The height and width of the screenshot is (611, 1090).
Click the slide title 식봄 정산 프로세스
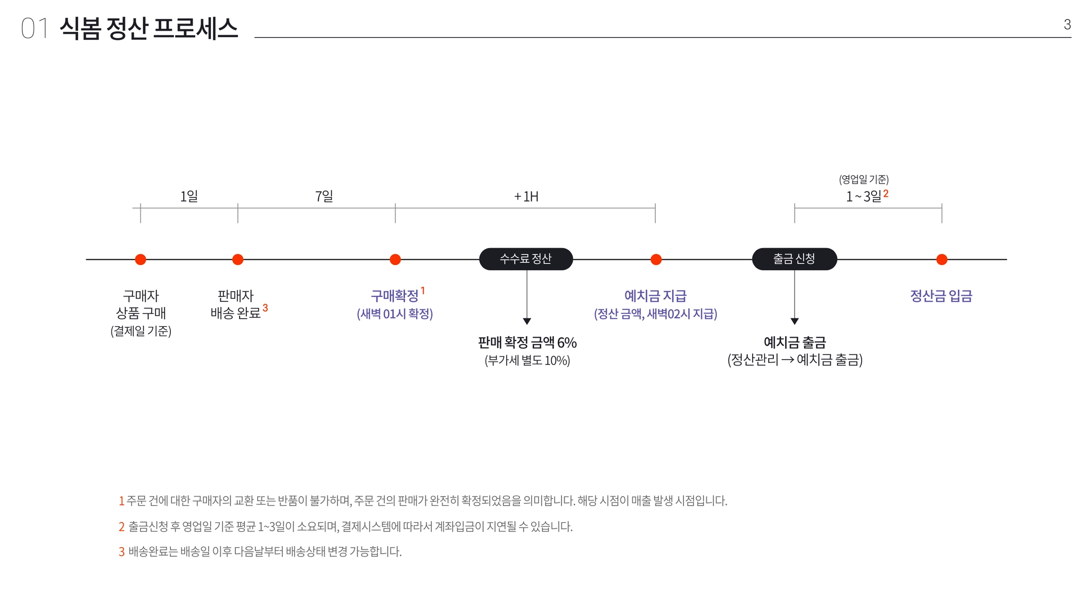[x=148, y=28]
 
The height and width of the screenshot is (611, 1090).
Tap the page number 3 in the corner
[x=1067, y=24]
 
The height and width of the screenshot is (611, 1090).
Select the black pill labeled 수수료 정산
[x=526, y=259]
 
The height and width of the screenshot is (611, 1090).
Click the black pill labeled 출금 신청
[x=794, y=259]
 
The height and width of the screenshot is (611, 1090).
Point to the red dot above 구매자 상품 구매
[x=141, y=259]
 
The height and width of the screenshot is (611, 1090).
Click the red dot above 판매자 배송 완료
[x=238, y=259]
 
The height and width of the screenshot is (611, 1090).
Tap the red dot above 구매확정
[x=395, y=259]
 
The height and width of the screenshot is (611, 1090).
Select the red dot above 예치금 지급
[x=656, y=259]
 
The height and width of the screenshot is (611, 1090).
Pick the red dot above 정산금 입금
[x=942, y=259]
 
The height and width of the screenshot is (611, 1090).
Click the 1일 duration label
[x=189, y=196]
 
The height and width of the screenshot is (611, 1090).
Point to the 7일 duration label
[x=324, y=196]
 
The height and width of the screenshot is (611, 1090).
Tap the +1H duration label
[x=526, y=197]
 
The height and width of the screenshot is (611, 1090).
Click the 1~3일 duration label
[x=864, y=196]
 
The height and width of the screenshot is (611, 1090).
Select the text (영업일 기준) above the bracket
[x=864, y=179]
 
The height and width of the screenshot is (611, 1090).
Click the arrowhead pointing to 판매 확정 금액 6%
[x=527, y=321]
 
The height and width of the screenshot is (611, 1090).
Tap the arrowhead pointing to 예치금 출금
[x=795, y=321]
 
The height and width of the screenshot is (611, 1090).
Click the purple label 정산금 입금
[x=941, y=296]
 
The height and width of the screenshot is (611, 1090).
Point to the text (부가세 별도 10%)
[x=527, y=360]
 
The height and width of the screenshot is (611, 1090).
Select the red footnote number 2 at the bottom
[x=121, y=527]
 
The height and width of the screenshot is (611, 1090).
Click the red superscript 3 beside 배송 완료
[x=265, y=308]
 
